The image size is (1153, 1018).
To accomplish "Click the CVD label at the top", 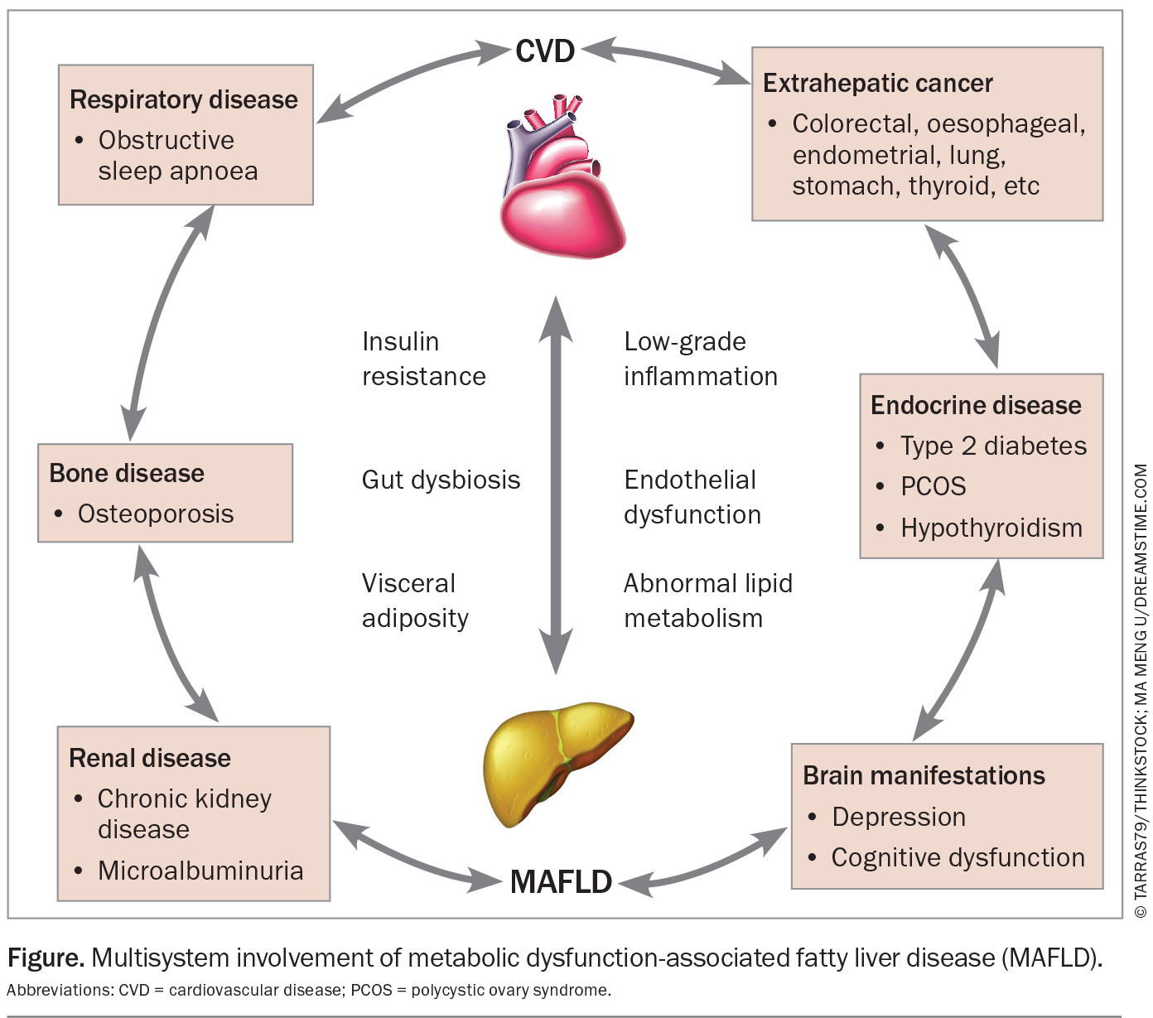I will click(x=544, y=51).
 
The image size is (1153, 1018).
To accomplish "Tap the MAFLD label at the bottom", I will click(x=561, y=882).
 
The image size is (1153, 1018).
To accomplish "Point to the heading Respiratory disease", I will click(x=183, y=99).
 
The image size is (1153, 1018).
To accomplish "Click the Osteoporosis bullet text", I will click(x=156, y=514).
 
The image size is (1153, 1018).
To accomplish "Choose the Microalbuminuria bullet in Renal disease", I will click(x=200, y=871).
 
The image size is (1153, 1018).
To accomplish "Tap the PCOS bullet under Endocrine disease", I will click(x=933, y=486).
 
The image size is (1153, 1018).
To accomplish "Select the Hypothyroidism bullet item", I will click(x=991, y=528).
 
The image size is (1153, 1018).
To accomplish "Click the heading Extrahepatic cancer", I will click(x=877, y=84).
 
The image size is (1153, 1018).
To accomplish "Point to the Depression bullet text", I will click(x=899, y=817).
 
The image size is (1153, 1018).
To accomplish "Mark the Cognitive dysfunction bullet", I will click(x=958, y=857).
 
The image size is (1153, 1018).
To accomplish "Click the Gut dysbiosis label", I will click(x=441, y=480).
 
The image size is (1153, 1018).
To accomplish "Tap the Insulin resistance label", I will click(x=423, y=359).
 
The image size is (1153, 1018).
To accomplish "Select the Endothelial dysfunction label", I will click(x=692, y=497).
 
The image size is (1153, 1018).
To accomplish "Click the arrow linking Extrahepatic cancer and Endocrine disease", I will click(x=963, y=296).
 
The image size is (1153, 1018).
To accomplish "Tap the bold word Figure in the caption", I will click(x=46, y=958).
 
